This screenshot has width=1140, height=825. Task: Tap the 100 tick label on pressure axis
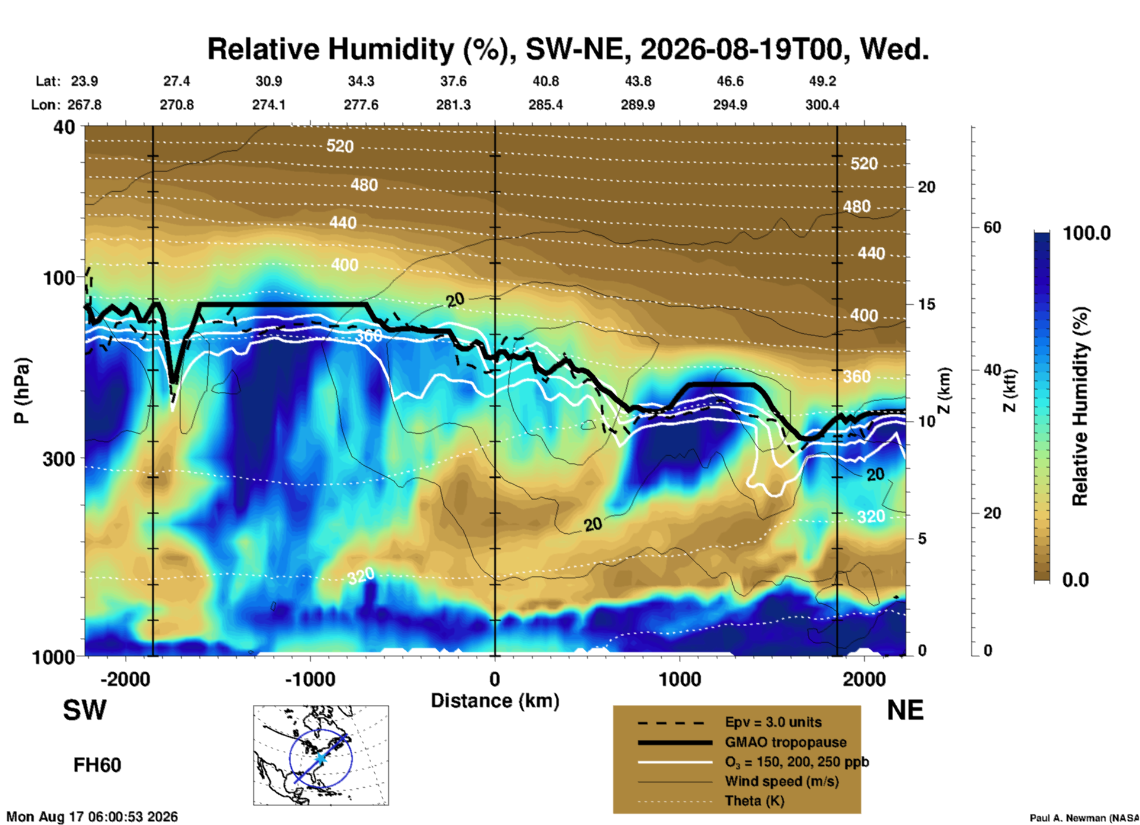(59, 278)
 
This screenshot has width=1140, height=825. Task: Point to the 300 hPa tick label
(59, 459)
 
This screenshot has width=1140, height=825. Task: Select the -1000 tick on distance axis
(310, 679)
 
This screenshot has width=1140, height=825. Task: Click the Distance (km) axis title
(495, 701)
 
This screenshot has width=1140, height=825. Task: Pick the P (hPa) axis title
(21, 391)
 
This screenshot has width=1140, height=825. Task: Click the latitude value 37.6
(453, 81)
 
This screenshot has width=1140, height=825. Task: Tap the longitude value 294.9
(730, 105)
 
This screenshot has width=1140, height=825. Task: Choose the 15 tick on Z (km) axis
(926, 304)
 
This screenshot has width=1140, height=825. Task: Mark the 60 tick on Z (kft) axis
(992, 227)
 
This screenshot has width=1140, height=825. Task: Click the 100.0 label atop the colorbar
(1087, 233)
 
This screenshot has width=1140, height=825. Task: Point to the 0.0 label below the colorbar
(1075, 580)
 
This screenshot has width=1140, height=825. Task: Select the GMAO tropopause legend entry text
(785, 742)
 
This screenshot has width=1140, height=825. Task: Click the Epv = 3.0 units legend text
(773, 722)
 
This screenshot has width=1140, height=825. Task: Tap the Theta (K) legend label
(754, 801)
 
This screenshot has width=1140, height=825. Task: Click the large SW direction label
(85, 710)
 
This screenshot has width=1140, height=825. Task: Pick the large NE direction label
(905, 710)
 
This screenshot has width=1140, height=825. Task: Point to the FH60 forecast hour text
(97, 765)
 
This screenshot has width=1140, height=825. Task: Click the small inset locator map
(321, 755)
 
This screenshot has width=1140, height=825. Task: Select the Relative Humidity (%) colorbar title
(1080, 407)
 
